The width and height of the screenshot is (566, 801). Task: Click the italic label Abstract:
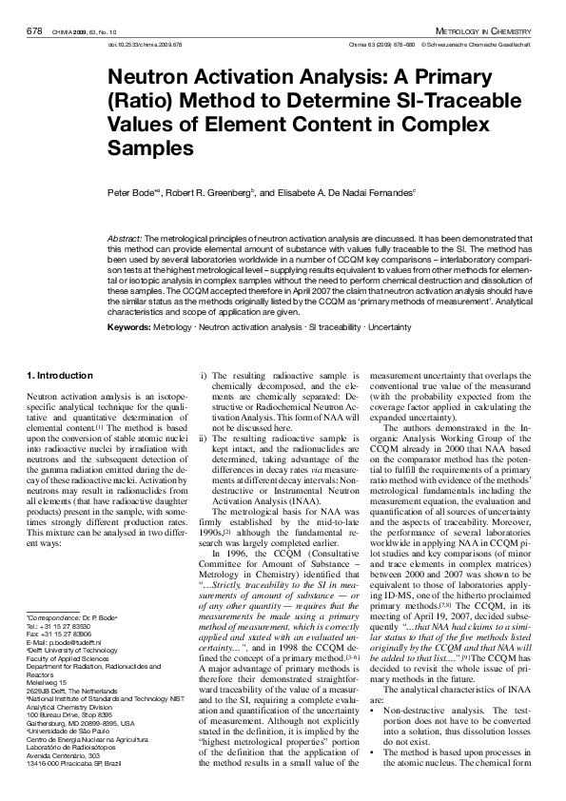pos(125,236)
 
